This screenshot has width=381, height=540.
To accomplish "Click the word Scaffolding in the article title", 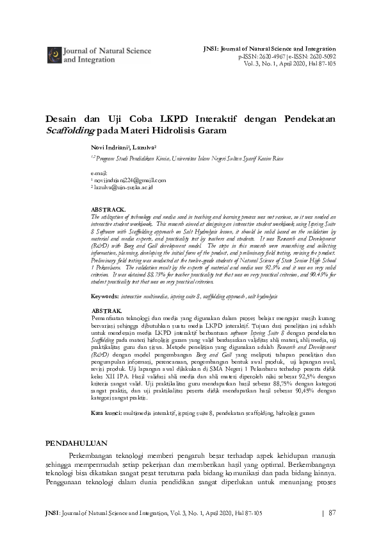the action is click(x=69, y=130).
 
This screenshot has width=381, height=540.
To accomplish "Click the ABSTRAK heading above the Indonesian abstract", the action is click(x=106, y=310).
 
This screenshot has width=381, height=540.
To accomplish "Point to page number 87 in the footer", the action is click(x=332, y=513).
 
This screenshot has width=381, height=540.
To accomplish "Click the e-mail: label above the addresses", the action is click(x=100, y=173).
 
